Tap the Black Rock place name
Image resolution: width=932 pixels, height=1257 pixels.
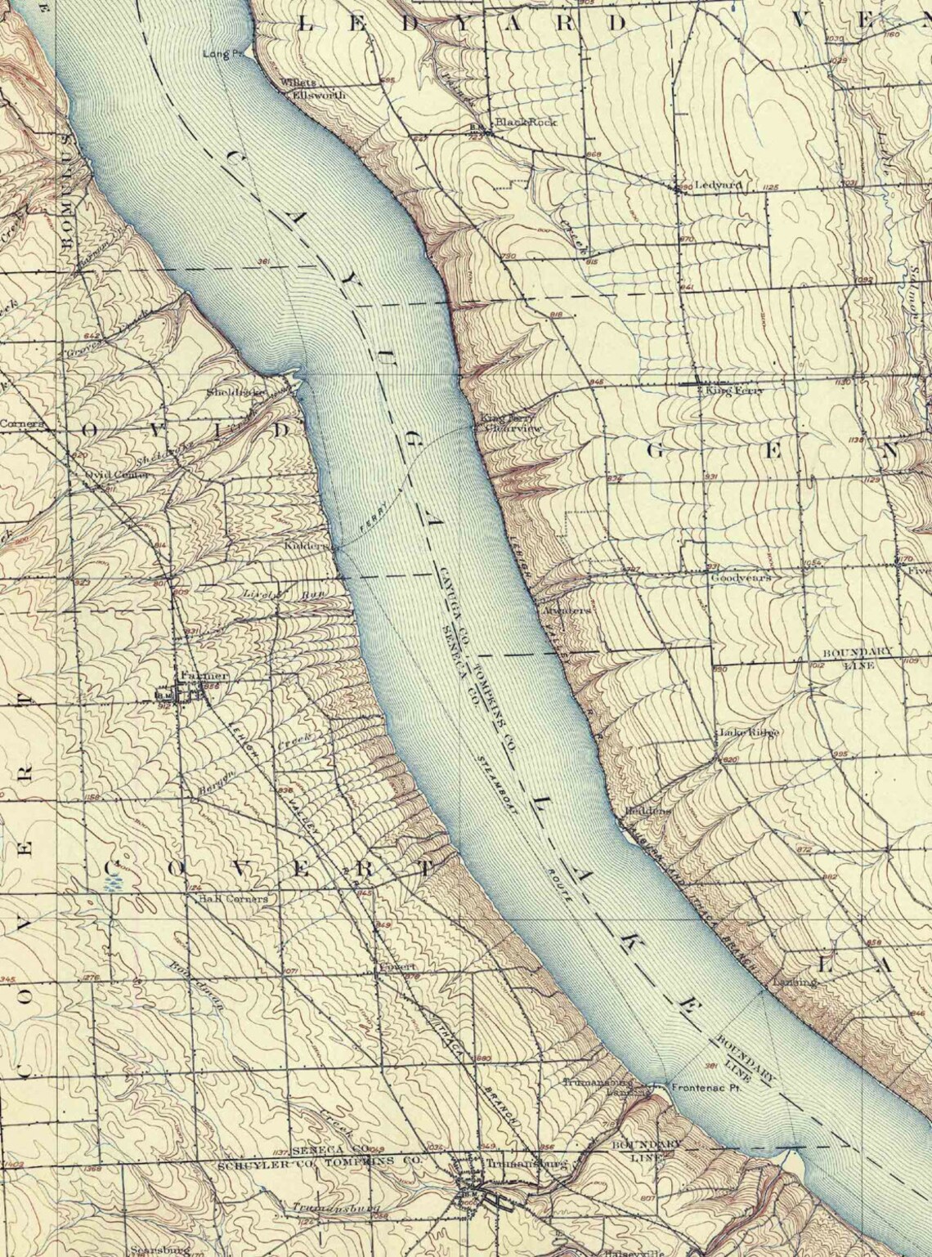531,122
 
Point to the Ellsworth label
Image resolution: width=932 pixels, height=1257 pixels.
320,96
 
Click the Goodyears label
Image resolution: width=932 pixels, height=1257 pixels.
741,577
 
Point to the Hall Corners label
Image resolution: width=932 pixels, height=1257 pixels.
233,898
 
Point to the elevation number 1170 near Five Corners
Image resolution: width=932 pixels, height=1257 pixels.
903,560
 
